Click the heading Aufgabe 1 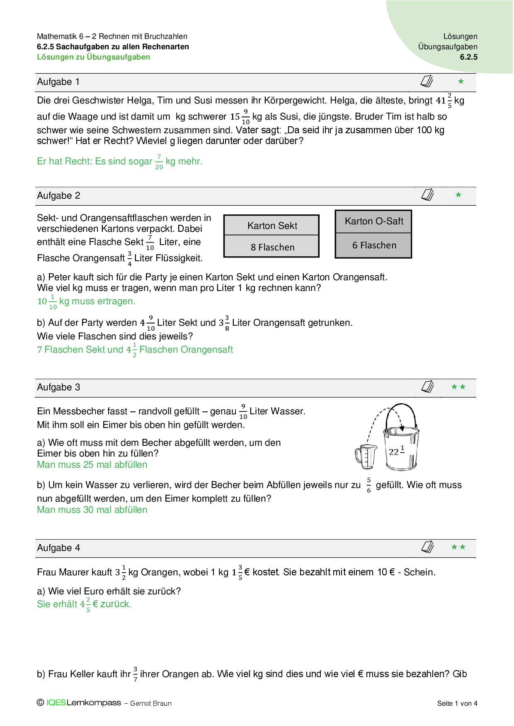coord(58,82)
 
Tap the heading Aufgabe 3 coord(58,387)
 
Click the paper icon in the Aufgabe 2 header coord(427,195)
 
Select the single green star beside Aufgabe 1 coord(461,82)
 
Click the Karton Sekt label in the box coord(272,226)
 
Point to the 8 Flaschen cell coord(272,247)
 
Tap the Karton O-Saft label coord(373,221)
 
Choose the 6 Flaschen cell coord(374,245)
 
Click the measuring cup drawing coord(366,457)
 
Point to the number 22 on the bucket coord(394,452)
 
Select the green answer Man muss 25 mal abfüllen coord(92,465)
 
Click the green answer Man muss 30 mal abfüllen coord(92,510)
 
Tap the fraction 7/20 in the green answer coord(159,162)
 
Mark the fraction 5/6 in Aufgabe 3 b coord(369,485)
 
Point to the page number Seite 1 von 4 coord(457,703)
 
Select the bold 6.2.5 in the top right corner coord(468,57)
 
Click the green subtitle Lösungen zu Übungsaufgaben coord(93,57)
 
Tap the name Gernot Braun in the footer coord(150,703)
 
